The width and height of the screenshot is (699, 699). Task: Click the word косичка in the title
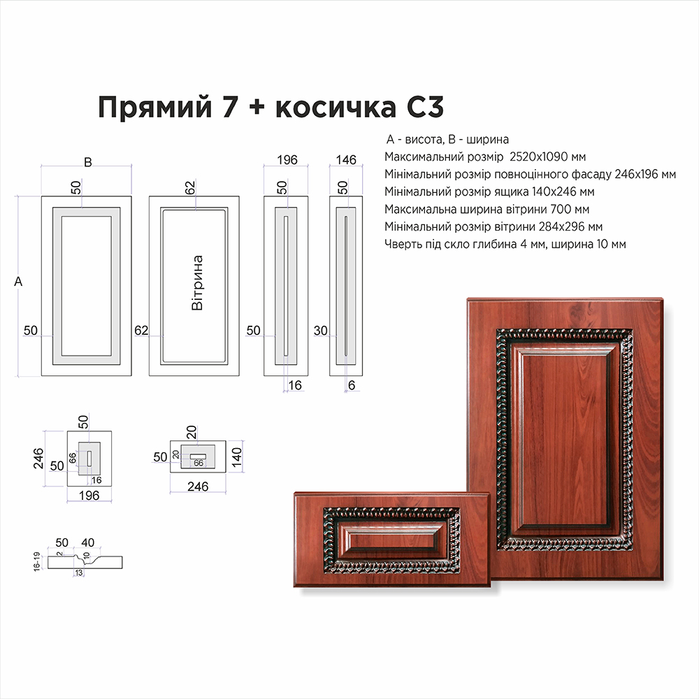point(336,107)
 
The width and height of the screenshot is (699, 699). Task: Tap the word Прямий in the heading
point(154,108)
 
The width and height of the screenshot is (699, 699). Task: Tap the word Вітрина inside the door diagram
point(197,282)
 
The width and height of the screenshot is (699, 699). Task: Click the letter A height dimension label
point(18,281)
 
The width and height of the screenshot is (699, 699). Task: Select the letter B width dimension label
point(88,162)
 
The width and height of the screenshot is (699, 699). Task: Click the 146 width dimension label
point(346,159)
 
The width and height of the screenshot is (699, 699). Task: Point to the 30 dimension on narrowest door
point(321,331)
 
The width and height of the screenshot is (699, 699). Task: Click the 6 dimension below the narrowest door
point(352,385)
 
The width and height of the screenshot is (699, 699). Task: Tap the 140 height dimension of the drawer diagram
point(237,457)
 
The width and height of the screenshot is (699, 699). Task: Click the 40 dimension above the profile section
point(88,542)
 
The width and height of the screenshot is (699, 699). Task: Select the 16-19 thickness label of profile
point(36,561)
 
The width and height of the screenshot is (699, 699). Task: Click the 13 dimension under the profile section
point(79,573)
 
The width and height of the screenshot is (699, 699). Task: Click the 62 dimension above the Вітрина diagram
point(190,187)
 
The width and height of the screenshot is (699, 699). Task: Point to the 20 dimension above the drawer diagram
point(192,432)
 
